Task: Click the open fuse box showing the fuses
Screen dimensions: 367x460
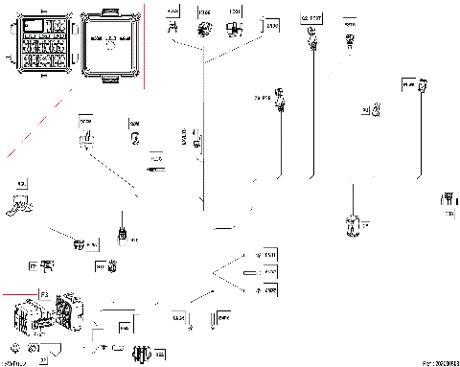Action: click(x=39, y=44)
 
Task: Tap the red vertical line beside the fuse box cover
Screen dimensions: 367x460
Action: click(x=145, y=43)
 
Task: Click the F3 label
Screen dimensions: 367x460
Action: click(x=43, y=291)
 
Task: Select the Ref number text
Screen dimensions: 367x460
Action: click(x=441, y=362)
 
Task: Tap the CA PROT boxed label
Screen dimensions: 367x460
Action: click(x=310, y=17)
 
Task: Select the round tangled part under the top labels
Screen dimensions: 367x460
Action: click(x=204, y=30)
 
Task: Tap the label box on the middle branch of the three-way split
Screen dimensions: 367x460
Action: click(x=271, y=272)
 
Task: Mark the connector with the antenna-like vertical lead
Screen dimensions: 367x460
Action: click(x=123, y=231)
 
